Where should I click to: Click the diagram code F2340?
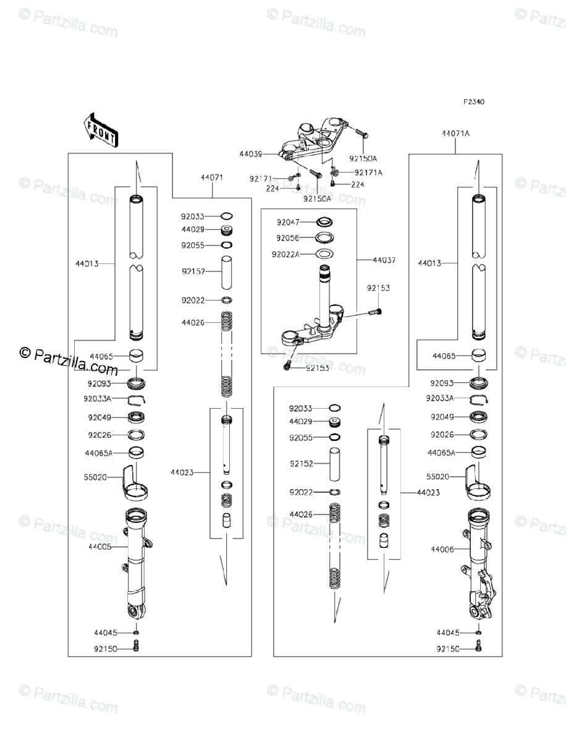pyautogui.click(x=475, y=102)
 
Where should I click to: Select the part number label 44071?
pyautogui.click(x=211, y=177)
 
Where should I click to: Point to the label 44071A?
pyautogui.click(x=455, y=133)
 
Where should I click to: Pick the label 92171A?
pyautogui.click(x=368, y=173)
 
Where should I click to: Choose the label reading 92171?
pyautogui.click(x=261, y=179)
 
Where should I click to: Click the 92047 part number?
pyautogui.click(x=288, y=221)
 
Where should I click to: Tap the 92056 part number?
pyautogui.click(x=288, y=237)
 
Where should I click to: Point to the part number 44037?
pyautogui.click(x=384, y=260)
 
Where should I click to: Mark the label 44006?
pyautogui.click(x=442, y=548)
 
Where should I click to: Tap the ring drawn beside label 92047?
pyautogui.click(x=324, y=221)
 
